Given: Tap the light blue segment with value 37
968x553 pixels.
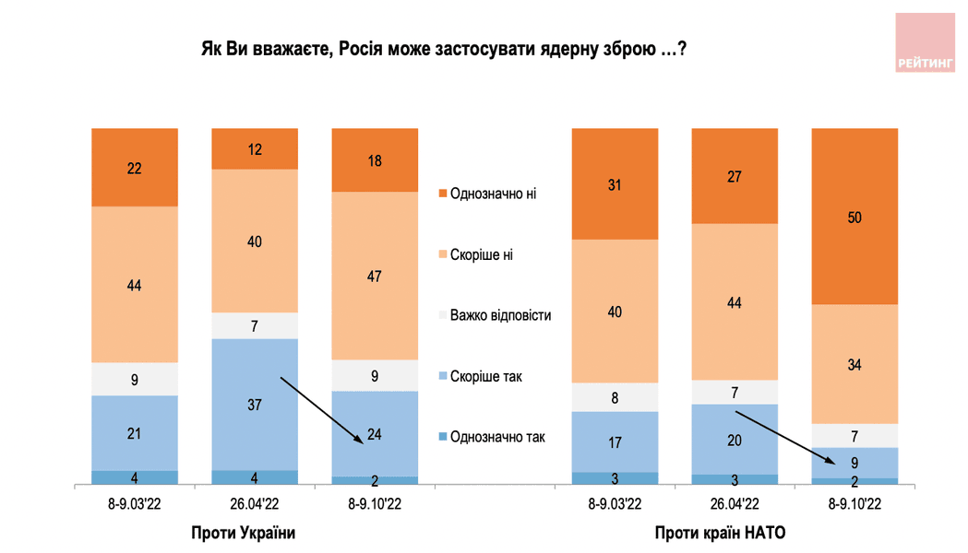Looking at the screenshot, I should tap(255, 404).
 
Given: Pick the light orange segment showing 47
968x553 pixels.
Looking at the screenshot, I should tap(375, 275).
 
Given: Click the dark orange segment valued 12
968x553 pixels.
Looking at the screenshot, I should tap(255, 148).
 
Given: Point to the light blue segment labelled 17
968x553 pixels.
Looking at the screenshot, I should tap(615, 441).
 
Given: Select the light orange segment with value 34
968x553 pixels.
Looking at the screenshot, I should tap(854, 363).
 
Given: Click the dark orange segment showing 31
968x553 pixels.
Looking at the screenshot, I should tap(615, 184).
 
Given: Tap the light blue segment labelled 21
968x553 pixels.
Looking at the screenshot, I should tap(135, 432).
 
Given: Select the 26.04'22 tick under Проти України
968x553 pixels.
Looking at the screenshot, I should tap(255, 504).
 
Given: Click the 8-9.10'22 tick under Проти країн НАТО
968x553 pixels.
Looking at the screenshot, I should tap(854, 504).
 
